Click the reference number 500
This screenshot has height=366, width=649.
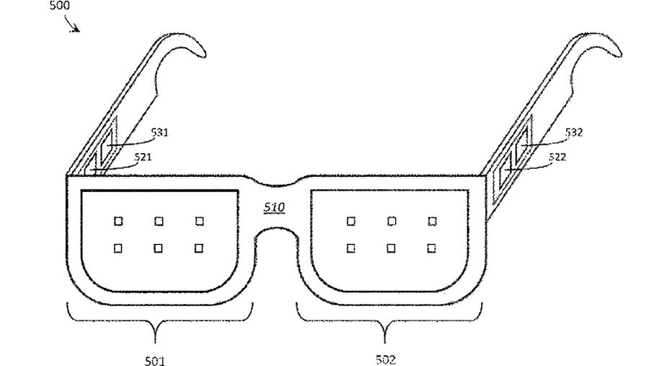pyautogui.click(x=60, y=5)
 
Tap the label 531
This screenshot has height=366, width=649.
pyautogui.click(x=159, y=133)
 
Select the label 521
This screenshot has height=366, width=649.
pyautogui.click(x=143, y=157)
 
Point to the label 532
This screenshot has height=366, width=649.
pyautogui.click(x=574, y=133)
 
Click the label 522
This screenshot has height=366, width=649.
pyautogui.click(x=557, y=157)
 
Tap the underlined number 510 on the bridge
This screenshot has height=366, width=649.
pyautogui.click(x=274, y=207)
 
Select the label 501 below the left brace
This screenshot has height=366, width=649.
pyautogui.click(x=155, y=361)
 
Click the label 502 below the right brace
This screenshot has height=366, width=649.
pyautogui.click(x=386, y=359)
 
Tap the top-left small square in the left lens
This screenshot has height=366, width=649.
pyautogui.click(x=118, y=222)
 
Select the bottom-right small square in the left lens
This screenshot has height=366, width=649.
pyautogui.click(x=199, y=248)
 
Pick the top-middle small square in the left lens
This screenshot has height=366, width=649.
pyautogui.click(x=159, y=222)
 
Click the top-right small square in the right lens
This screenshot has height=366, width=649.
pyautogui.click(x=432, y=222)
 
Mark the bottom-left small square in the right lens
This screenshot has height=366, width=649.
pyautogui.click(x=350, y=248)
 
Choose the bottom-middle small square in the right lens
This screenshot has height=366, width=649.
pyautogui.click(x=391, y=248)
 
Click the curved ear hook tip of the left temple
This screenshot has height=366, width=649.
pyautogui.click(x=203, y=54)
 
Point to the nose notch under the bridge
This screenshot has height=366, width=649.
pyautogui.click(x=276, y=228)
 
